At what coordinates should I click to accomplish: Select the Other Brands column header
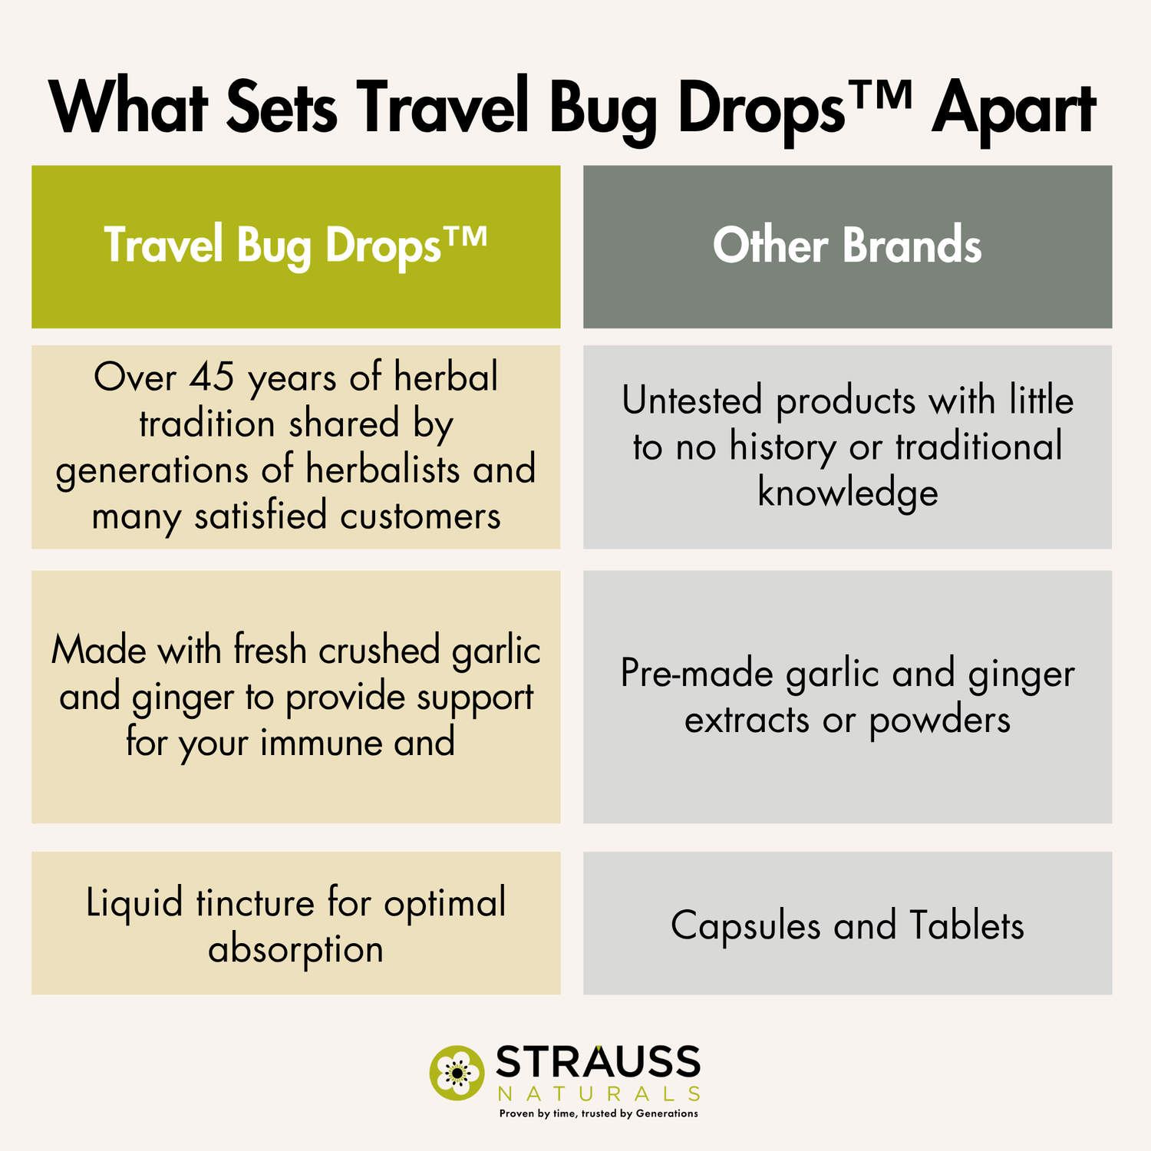[847, 246]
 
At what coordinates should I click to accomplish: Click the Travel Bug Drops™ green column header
[295, 246]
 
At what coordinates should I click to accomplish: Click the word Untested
[692, 401]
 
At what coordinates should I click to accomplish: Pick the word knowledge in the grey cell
[847, 493]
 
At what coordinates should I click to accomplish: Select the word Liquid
[134, 903]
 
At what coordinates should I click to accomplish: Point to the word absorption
[295, 950]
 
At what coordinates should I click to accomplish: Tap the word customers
[420, 516]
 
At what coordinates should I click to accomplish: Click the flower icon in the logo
[456, 1071]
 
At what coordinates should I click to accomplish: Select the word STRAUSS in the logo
[598, 1063]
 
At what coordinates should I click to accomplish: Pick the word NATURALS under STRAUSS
[598, 1093]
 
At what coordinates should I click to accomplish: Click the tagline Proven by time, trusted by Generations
[598, 1113]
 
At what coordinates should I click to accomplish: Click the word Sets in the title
[282, 110]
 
